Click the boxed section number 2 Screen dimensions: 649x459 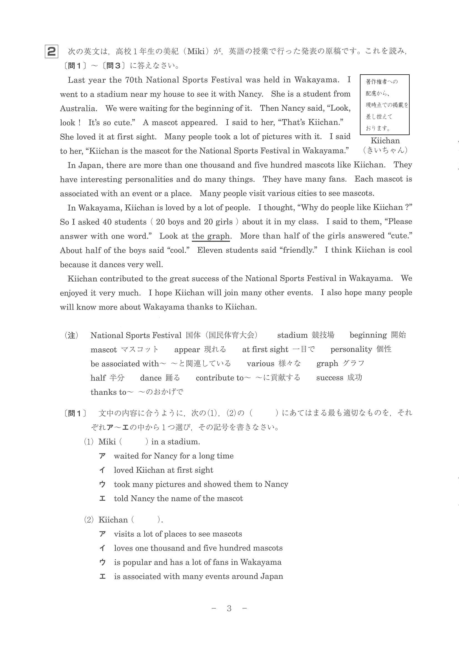point(51,52)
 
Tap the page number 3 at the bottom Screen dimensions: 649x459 point(229,608)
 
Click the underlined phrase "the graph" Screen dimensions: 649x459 point(211,236)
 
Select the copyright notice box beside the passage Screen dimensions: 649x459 point(384,105)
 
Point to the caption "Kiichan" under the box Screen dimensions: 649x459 point(385,141)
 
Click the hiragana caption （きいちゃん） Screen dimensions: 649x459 point(385,150)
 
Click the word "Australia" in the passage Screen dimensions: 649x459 point(78,108)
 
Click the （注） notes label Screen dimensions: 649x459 point(72,335)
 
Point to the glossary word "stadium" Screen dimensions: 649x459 point(292,335)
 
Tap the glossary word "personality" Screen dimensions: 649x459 point(351,349)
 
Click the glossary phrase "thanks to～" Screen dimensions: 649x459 point(112,392)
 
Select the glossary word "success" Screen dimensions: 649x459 point(329,378)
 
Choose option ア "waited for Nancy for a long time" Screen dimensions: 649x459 point(173,456)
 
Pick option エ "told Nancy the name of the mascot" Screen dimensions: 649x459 point(178,498)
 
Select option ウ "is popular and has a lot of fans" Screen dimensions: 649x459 point(197,562)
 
